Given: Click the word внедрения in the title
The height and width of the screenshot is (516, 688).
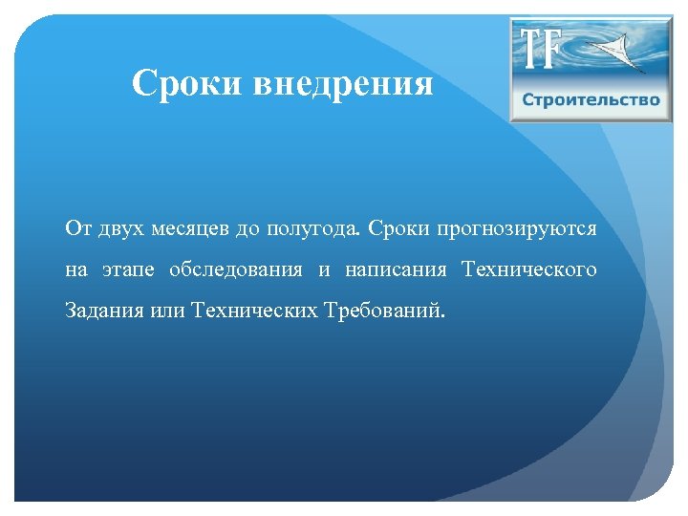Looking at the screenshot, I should coord(343,84).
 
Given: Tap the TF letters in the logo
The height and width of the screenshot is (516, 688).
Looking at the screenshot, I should coord(541,49).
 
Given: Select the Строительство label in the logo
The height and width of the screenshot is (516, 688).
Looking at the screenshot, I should coord(591,100).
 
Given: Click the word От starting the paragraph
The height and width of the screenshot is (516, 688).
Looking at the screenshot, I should coord(76,229).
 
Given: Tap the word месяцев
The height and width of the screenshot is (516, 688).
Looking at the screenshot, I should coord(188,229).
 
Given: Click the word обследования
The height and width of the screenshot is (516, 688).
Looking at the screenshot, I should coord(236,270).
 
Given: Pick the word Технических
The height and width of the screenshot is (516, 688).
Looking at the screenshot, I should coord(250,312).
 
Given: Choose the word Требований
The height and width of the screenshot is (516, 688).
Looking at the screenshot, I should coord(383,312).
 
